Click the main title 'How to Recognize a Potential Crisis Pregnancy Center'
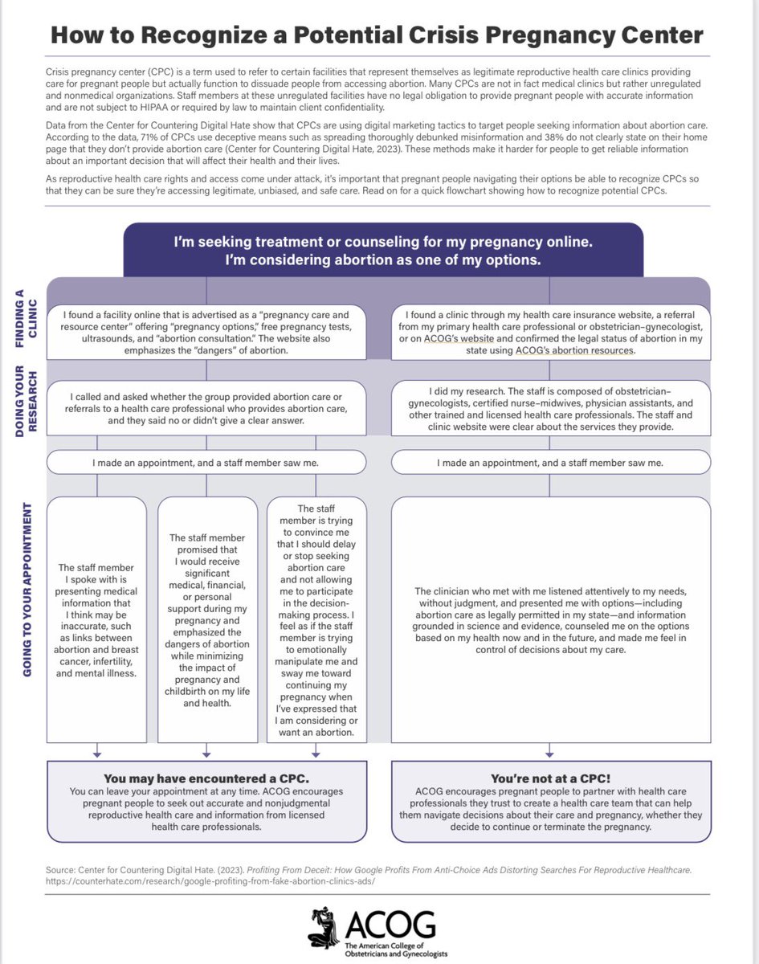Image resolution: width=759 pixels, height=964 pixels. [x=377, y=35]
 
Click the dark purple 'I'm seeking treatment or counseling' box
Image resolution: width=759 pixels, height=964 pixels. [x=383, y=250]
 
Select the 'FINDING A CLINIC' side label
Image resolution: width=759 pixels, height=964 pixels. [x=25, y=319]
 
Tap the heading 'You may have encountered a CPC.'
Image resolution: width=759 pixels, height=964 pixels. [x=207, y=778]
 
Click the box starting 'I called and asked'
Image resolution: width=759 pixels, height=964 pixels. [x=207, y=408]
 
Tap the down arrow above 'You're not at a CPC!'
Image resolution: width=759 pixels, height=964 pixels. [x=549, y=753]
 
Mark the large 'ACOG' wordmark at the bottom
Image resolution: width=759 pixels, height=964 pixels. [x=391, y=924]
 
